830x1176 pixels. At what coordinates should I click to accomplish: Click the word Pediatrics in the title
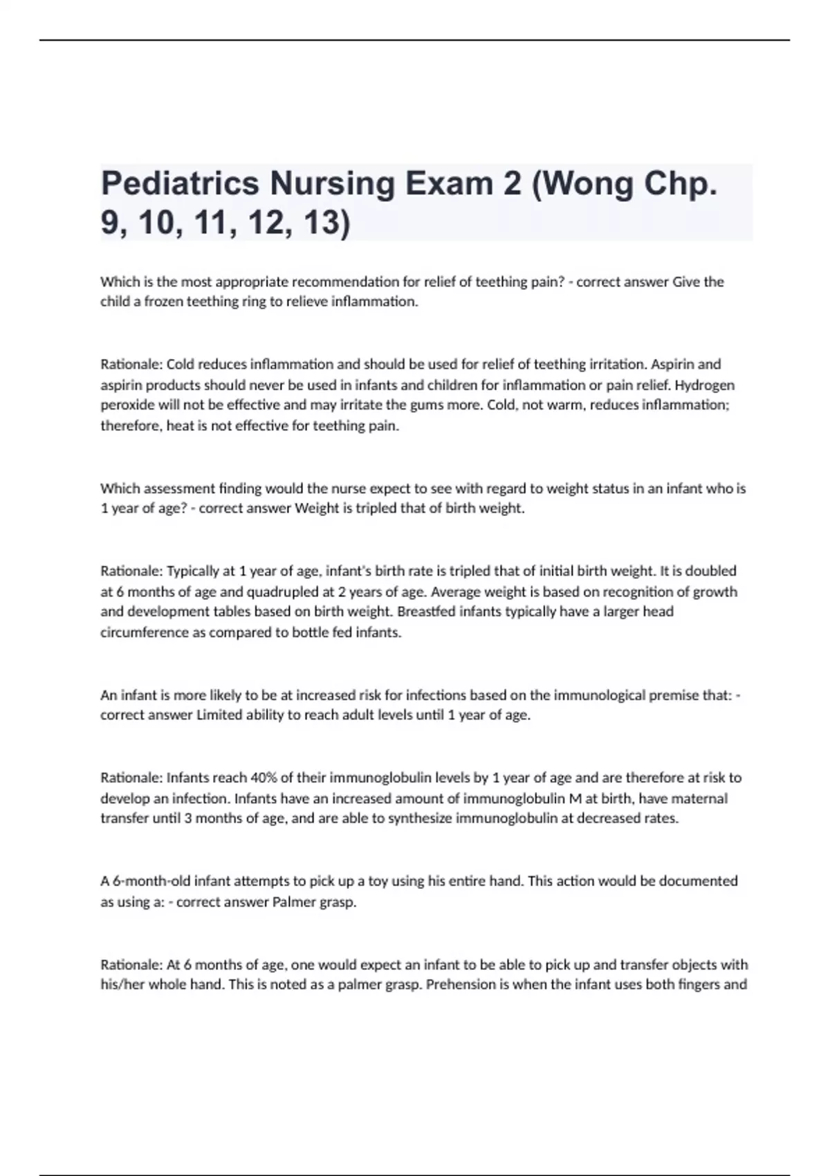(180, 183)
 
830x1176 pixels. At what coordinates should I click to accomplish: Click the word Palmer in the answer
(293, 902)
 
